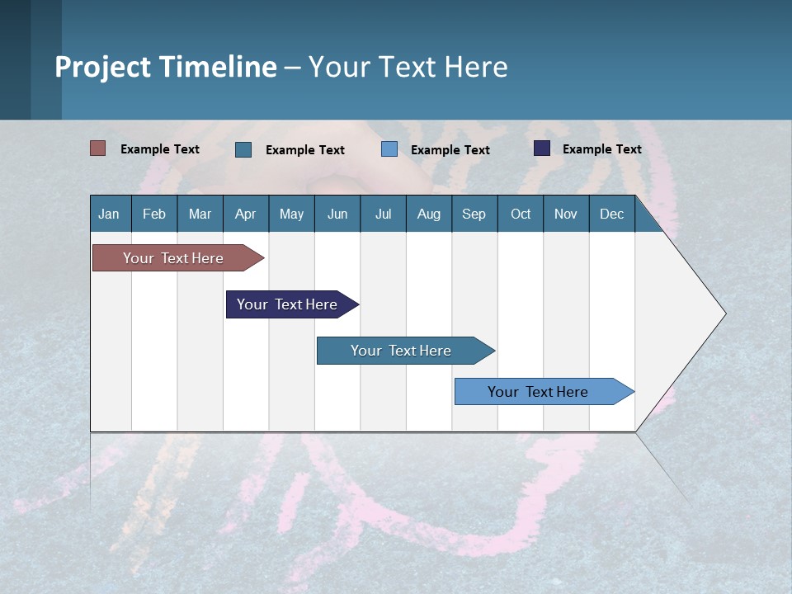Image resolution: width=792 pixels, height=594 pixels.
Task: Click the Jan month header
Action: tap(109, 214)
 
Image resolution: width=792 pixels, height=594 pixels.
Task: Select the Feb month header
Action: tap(154, 214)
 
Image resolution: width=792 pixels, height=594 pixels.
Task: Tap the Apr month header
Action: tap(245, 214)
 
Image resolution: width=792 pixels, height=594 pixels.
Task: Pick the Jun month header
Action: tap(337, 214)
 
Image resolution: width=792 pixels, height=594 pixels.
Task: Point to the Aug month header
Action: tap(428, 214)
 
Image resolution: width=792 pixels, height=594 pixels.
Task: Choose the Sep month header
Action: tap(474, 214)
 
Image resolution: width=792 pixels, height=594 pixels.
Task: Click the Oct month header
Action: tap(521, 214)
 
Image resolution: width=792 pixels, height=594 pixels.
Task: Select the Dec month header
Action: tap(611, 214)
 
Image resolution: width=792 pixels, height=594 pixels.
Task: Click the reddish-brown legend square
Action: tap(98, 148)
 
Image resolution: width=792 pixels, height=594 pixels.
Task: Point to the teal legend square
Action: tap(243, 149)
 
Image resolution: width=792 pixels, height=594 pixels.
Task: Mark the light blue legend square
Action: tap(389, 149)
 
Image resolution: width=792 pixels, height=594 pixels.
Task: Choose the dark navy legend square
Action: tap(542, 148)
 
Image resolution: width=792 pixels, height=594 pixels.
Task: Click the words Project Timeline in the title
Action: tap(166, 67)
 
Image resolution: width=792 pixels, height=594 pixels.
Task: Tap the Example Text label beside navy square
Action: tap(601, 149)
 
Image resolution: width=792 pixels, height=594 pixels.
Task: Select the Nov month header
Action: tap(566, 214)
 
